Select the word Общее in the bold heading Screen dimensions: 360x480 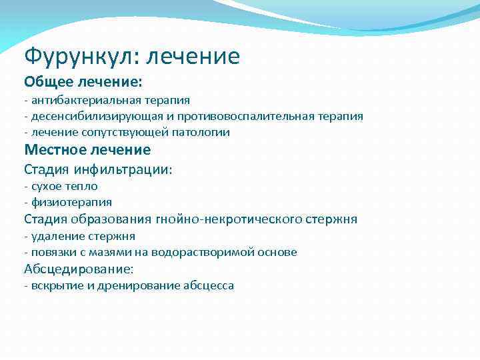pos(50,81)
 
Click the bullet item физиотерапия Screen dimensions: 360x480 pos(70,202)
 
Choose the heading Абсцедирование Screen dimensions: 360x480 pos(79,269)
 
